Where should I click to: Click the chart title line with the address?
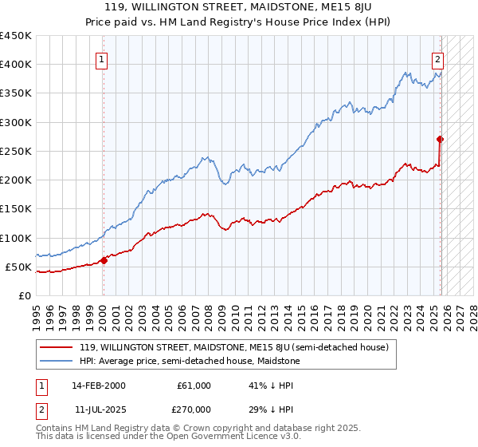click(x=238, y=6)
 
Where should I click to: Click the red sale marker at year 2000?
click(x=104, y=260)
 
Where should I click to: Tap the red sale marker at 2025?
click(x=441, y=139)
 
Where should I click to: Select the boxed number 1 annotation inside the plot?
click(x=103, y=58)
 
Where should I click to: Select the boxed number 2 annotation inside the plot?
click(x=438, y=58)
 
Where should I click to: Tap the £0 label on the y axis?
click(x=24, y=295)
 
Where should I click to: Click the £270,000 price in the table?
click(x=194, y=409)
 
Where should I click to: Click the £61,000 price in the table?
click(x=194, y=386)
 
